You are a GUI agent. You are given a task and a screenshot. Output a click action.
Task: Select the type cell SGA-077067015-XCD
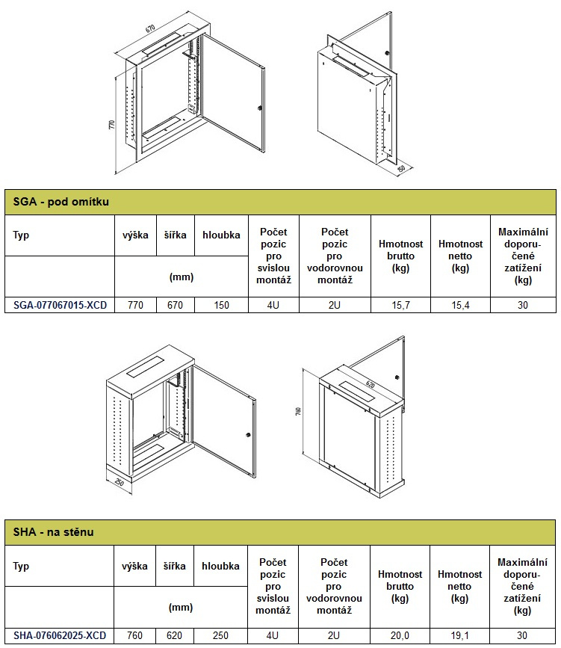59,305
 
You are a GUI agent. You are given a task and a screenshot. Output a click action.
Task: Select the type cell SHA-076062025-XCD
59,635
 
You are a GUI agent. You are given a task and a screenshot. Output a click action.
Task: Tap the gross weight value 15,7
401,305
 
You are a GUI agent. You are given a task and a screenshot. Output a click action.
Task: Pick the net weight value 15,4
460,305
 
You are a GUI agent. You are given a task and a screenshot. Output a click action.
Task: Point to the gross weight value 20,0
400,635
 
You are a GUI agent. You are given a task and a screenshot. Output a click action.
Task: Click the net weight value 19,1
460,635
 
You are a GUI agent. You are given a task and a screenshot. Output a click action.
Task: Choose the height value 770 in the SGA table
135,305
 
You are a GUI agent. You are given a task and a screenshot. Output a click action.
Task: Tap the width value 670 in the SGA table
175,305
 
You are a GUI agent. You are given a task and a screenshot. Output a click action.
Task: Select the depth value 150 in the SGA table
221,305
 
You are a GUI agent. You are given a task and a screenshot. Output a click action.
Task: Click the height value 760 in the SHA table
135,635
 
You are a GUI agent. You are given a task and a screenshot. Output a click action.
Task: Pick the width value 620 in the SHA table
175,635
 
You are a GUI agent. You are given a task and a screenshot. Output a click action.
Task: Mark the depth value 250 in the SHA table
221,635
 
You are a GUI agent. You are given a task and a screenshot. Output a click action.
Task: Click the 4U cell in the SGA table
273,305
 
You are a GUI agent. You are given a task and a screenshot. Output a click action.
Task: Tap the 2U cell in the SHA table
335,635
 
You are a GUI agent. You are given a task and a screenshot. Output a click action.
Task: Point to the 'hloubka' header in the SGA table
221,235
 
